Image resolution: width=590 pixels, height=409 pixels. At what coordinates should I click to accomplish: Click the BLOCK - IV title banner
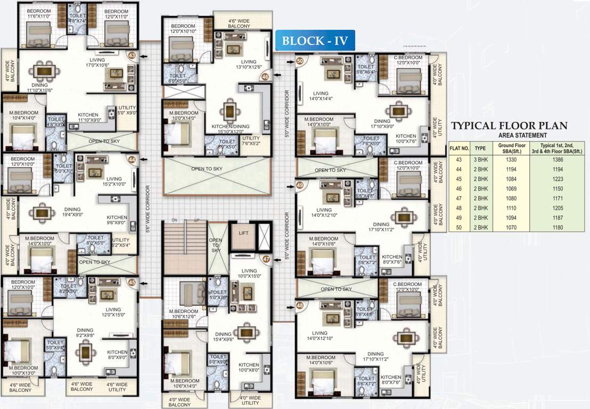click(315, 41)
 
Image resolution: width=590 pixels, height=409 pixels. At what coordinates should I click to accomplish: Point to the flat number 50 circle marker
click(300, 61)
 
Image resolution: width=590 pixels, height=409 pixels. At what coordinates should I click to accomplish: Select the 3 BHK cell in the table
click(480, 159)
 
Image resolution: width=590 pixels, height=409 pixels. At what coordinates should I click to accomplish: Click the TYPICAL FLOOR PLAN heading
click(509, 126)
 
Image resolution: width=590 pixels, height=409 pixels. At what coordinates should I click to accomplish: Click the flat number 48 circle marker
click(300, 305)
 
